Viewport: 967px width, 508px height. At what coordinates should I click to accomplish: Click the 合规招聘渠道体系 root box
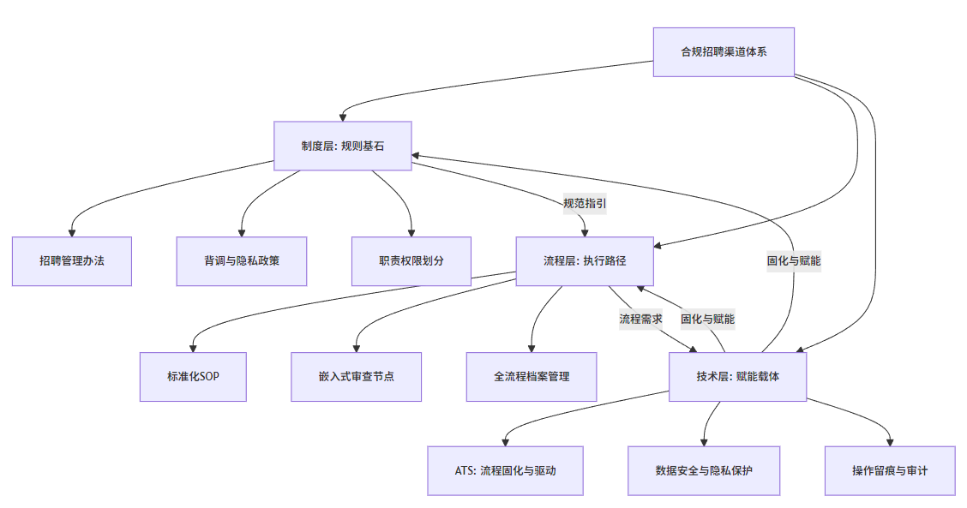click(x=724, y=52)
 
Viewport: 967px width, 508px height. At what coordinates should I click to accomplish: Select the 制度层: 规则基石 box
click(x=343, y=146)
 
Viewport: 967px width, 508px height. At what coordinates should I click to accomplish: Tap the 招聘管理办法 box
click(x=72, y=260)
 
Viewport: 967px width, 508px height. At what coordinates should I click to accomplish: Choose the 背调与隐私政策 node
click(x=242, y=260)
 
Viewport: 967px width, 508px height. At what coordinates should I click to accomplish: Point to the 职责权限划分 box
click(x=411, y=260)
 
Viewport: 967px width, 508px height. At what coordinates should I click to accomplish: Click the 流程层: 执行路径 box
click(x=585, y=260)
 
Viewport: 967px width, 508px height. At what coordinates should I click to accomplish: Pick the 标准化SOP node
click(x=194, y=376)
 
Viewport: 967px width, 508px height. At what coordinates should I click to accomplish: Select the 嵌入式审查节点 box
click(x=356, y=376)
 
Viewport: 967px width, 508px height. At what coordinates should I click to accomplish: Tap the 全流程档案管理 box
click(x=532, y=376)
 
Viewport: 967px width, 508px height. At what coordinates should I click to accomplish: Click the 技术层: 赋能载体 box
click(x=738, y=376)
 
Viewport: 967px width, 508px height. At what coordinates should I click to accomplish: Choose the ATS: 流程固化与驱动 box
click(x=505, y=470)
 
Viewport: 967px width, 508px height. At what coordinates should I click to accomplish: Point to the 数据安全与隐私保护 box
click(x=704, y=470)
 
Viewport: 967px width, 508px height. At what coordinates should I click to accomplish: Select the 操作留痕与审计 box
click(x=890, y=470)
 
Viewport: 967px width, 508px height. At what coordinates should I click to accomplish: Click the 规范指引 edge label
click(x=585, y=204)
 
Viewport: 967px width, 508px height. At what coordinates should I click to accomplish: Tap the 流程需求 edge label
click(x=640, y=319)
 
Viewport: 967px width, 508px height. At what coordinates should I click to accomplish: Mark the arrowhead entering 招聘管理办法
click(x=72, y=232)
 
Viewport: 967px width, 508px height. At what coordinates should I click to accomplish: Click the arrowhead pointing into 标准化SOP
click(x=194, y=348)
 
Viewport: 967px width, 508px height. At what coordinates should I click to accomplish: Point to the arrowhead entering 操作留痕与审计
click(x=890, y=441)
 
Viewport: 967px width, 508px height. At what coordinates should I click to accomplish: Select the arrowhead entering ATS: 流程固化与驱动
click(x=505, y=441)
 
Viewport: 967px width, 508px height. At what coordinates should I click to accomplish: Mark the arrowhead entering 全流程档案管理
click(x=532, y=348)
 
